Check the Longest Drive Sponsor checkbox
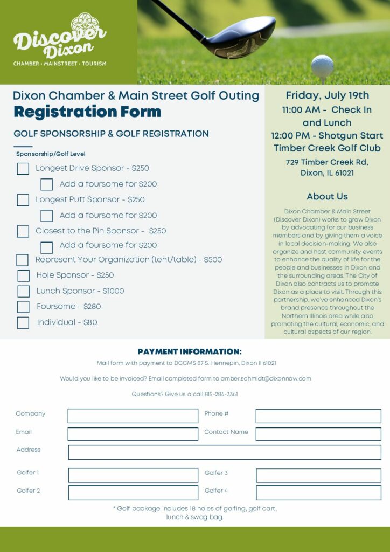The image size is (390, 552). click(23, 169)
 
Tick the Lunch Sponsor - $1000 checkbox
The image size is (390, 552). click(23, 292)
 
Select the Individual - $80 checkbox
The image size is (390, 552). click(23, 323)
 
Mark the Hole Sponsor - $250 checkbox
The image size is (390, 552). click(23, 276)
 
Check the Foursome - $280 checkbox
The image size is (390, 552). click(23, 307)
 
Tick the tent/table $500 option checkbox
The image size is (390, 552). click(22, 260)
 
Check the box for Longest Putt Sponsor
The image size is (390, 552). click(23, 200)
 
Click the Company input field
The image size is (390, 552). click(133, 416)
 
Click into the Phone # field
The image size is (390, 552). click(318, 416)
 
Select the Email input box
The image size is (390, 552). click(133, 434)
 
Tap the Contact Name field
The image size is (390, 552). click(318, 434)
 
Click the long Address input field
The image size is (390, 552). click(224, 452)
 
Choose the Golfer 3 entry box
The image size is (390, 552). click(318, 475)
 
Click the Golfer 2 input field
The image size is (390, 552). click(133, 493)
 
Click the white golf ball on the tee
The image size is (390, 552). click(322, 66)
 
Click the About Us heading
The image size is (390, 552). click(327, 197)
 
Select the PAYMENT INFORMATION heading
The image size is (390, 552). click(190, 352)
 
